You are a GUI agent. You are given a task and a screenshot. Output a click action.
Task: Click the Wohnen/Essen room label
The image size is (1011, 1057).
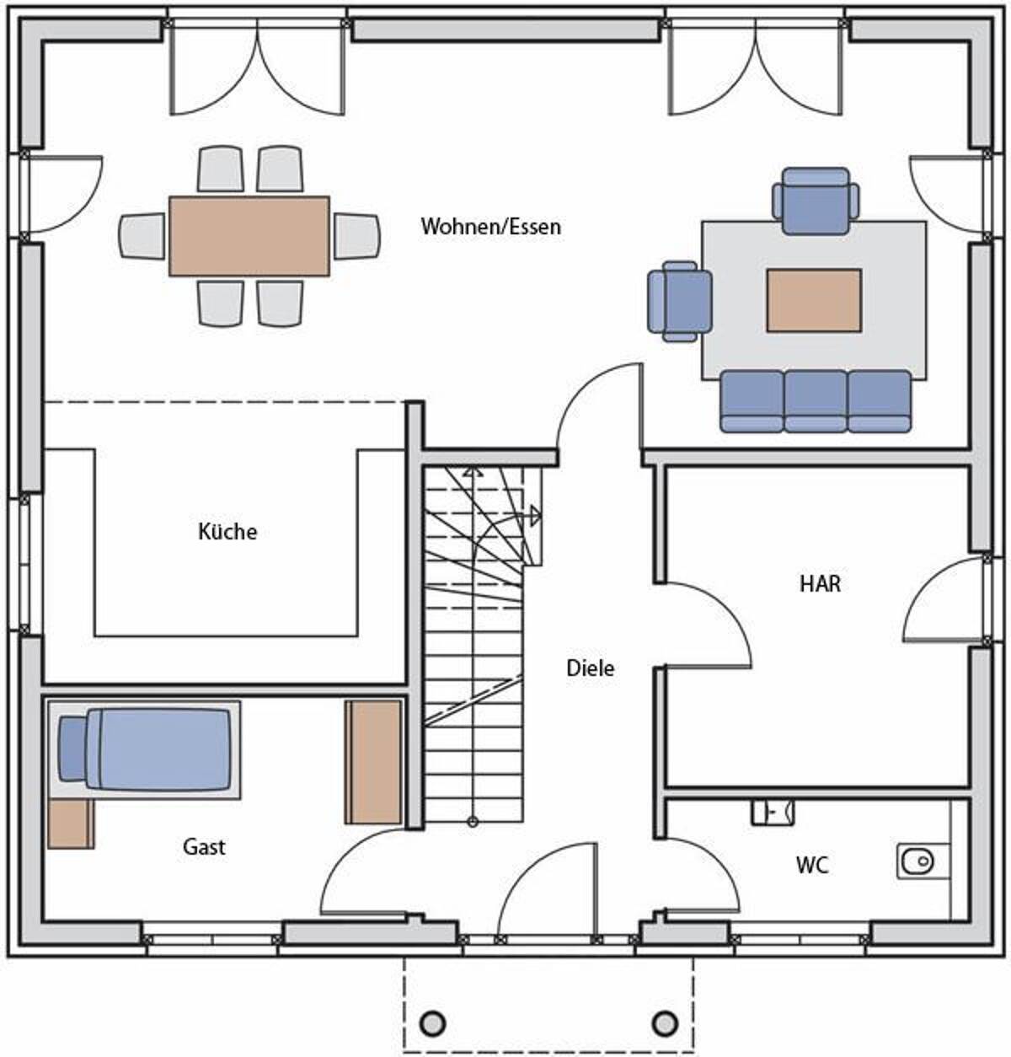pyautogui.click(x=491, y=227)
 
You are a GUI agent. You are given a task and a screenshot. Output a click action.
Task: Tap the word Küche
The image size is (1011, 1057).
pyautogui.click(x=227, y=531)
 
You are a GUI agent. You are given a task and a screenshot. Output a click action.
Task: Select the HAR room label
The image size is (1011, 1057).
pyautogui.click(x=820, y=583)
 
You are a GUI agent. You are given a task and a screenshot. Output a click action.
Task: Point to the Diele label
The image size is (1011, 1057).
pyautogui.click(x=591, y=668)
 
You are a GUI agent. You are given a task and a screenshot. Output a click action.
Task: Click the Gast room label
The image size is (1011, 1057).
pyautogui.click(x=204, y=846)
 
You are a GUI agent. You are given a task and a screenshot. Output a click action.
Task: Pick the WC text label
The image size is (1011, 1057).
pyautogui.click(x=812, y=866)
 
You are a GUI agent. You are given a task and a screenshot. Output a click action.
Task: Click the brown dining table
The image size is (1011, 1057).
pyautogui.click(x=249, y=236)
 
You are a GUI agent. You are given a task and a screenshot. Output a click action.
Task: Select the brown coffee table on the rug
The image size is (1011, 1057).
pyautogui.click(x=814, y=300)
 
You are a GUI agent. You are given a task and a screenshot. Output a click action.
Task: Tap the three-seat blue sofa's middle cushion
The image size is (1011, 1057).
pyautogui.click(x=816, y=401)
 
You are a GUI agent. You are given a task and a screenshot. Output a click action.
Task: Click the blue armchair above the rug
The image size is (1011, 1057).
pyautogui.click(x=816, y=201)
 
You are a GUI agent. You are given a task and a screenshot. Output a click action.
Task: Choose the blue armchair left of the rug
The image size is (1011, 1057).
pyautogui.click(x=680, y=302)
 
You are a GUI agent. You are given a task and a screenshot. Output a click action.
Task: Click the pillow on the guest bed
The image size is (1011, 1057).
pyautogui.click(x=72, y=748)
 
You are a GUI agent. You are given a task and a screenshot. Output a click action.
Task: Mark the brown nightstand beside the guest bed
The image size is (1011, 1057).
pyautogui.click(x=71, y=824)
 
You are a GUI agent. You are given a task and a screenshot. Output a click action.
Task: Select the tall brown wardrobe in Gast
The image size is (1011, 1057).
pyautogui.click(x=373, y=761)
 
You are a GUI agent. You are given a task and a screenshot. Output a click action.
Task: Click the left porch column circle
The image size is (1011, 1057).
pyautogui.click(x=433, y=1024)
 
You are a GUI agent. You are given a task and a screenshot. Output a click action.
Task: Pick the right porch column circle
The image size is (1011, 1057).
pyautogui.click(x=665, y=1024)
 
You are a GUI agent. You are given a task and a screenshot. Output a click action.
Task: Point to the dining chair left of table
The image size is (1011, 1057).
pyautogui.click(x=142, y=236)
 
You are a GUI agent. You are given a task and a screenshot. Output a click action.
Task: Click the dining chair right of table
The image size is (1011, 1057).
pyautogui.click(x=356, y=236)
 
